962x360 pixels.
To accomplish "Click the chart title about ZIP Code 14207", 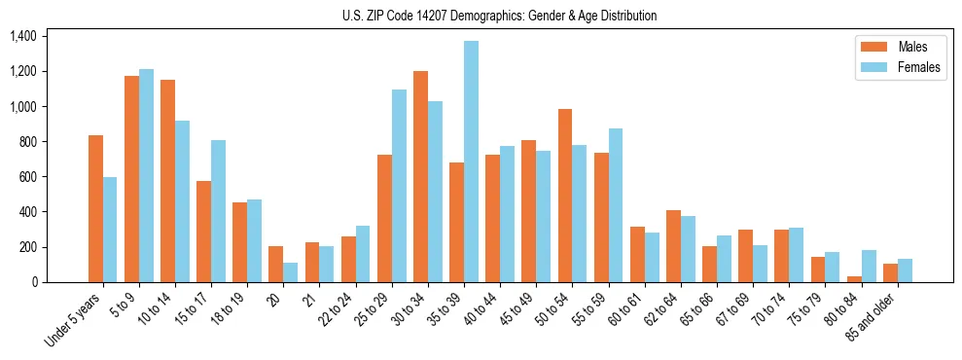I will click(499, 16).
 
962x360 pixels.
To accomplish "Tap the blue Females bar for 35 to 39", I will click(471, 162).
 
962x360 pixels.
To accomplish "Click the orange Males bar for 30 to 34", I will click(420, 176).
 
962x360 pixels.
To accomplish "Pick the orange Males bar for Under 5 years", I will click(95, 208).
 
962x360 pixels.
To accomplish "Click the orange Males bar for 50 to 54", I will click(565, 196).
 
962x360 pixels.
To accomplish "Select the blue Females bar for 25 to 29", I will click(399, 186).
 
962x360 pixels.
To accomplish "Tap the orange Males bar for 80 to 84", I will click(854, 279).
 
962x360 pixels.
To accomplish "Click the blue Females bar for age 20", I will click(291, 272).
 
